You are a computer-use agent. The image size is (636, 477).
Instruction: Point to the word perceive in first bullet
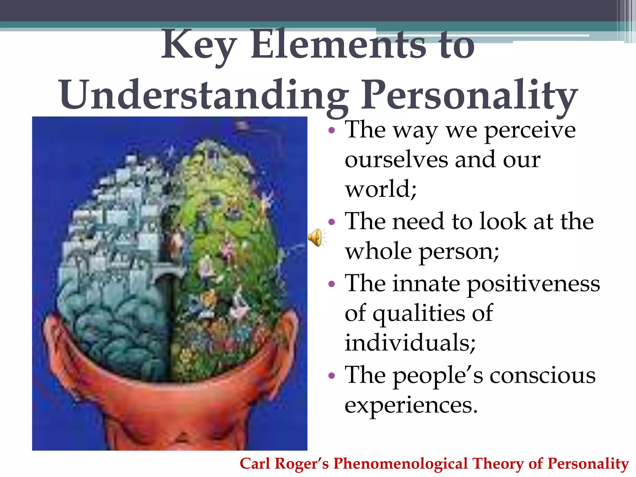530,130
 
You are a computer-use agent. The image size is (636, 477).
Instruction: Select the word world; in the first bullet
380,189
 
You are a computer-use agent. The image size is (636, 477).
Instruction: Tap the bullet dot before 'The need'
332,222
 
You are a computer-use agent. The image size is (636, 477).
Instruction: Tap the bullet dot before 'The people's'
332,376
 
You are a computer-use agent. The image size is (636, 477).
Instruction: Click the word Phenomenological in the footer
401,464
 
